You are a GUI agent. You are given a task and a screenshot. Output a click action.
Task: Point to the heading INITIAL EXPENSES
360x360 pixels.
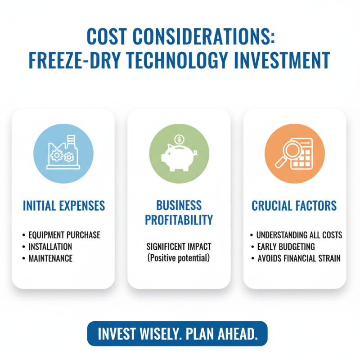(x=63, y=206)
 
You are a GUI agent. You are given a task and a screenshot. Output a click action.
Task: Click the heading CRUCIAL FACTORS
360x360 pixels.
(x=294, y=206)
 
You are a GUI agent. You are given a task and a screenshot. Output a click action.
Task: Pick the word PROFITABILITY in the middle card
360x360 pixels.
(x=179, y=220)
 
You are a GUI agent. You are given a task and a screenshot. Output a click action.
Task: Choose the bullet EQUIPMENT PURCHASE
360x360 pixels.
(x=64, y=235)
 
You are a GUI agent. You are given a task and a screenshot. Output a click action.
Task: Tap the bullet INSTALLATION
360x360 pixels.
(x=50, y=247)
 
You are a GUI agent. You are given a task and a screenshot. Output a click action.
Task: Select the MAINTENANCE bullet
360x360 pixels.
(x=50, y=258)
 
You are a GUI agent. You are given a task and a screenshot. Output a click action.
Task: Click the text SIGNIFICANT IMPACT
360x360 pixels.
(x=179, y=247)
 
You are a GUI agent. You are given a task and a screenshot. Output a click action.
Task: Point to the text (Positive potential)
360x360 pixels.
(x=179, y=258)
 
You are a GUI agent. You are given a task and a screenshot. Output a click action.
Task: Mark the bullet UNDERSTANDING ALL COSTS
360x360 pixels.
(x=299, y=235)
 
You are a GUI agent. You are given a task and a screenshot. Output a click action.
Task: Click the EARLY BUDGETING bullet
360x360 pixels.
(x=285, y=247)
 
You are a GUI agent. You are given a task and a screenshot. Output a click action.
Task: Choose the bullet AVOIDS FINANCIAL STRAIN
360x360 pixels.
(x=299, y=258)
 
